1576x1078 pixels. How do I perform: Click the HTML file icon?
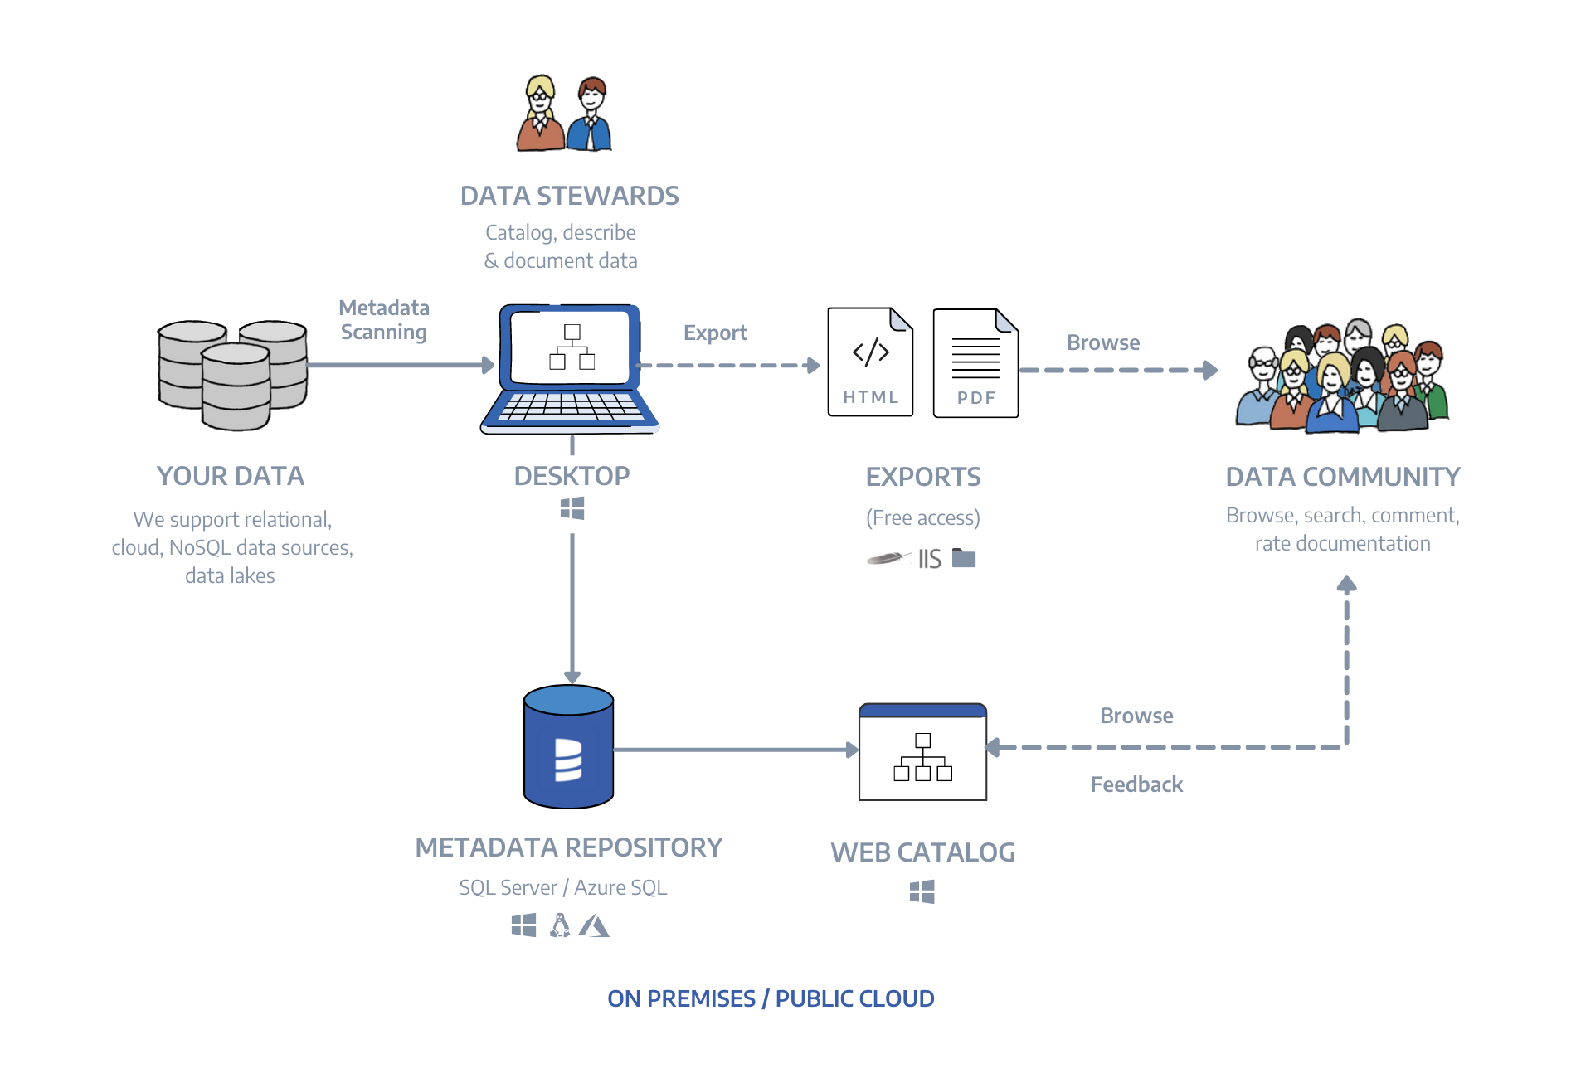[870, 362]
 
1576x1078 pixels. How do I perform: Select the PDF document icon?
[975, 363]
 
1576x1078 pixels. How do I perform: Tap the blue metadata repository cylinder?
[569, 747]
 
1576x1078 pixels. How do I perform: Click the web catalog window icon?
[922, 752]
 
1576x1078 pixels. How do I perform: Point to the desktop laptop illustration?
[570, 369]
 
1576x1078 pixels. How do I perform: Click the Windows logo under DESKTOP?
[572, 508]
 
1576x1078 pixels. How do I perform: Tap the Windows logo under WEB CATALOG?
[922, 892]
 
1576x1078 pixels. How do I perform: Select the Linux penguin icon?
[561, 925]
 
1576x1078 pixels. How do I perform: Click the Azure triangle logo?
[594, 925]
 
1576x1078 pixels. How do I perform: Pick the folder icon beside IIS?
[964, 558]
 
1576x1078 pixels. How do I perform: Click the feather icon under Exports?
[888, 558]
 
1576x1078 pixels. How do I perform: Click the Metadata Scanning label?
[384, 320]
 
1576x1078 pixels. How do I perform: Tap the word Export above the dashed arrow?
[715, 333]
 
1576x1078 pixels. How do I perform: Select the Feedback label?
[1136, 784]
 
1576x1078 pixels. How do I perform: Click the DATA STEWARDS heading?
[570, 196]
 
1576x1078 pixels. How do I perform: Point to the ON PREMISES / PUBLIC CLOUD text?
[771, 998]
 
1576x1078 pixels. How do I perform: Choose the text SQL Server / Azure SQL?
[563, 887]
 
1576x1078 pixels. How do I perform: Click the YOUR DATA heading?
[231, 476]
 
